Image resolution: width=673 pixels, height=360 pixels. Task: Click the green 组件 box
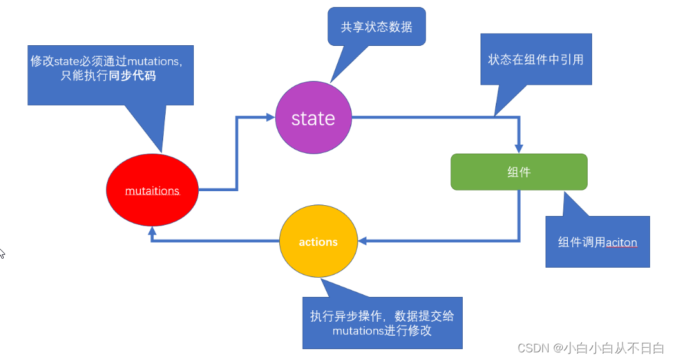[x=519, y=172]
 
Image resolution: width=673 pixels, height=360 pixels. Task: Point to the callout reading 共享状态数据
[x=377, y=27]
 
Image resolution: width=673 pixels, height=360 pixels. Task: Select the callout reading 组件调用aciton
[x=597, y=241]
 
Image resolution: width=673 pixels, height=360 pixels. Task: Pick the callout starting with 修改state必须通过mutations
[x=110, y=69]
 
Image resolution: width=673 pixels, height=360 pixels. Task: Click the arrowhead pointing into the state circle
[x=270, y=117]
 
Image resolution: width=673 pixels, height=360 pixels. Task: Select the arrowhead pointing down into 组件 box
[x=519, y=148]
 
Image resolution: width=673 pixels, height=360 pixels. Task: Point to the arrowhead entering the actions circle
[x=363, y=241]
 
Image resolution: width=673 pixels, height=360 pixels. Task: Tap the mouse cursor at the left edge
[x=2, y=253]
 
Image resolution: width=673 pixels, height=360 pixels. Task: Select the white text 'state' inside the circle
[x=313, y=119]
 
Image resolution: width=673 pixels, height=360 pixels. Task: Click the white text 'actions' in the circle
[x=318, y=242]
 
